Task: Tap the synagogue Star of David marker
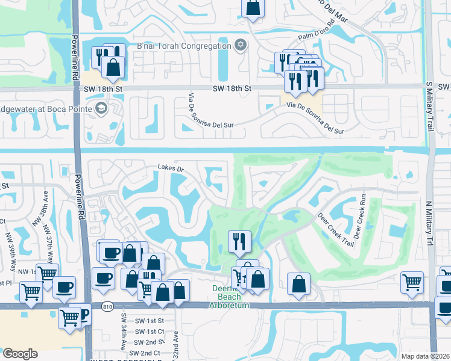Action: tap(240, 45)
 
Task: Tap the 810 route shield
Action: tap(106, 306)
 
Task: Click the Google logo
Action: tap(20, 354)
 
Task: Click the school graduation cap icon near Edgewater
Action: tap(101, 109)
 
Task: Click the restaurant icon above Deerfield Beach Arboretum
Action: tap(239, 241)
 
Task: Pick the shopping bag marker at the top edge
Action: tap(253, 8)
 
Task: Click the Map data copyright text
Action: tap(425, 356)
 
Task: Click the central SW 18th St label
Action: tap(232, 88)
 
